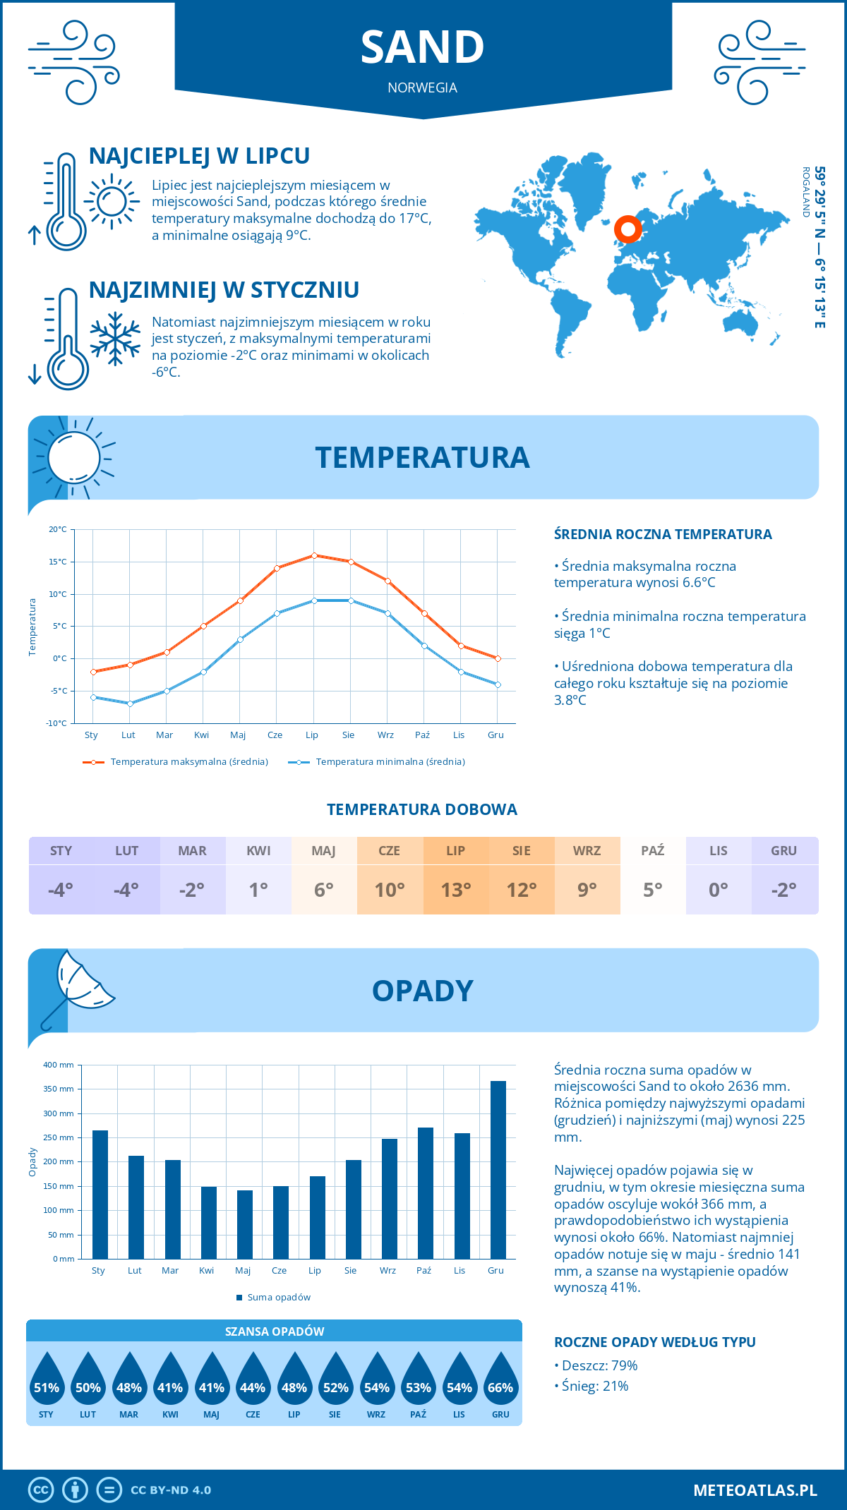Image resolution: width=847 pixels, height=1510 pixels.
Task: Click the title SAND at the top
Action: (422, 47)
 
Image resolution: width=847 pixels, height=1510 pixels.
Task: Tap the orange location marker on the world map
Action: (627, 229)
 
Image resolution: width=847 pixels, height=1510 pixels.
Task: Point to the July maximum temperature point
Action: (314, 555)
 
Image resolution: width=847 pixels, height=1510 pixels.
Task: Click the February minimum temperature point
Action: (130, 703)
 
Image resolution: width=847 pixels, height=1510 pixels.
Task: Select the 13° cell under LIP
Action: (455, 890)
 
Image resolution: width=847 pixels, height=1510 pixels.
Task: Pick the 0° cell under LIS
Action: (718, 890)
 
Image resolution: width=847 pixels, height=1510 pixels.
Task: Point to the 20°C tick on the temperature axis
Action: (59, 529)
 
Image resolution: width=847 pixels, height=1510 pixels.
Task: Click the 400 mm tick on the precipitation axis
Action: (59, 1065)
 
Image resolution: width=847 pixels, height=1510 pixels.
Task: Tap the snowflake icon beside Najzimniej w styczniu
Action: (115, 339)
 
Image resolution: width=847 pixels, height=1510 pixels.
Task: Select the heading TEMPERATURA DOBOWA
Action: (421, 809)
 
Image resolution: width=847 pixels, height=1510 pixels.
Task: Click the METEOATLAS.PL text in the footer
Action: (755, 1490)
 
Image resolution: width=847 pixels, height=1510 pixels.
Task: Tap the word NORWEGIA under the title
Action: (422, 87)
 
